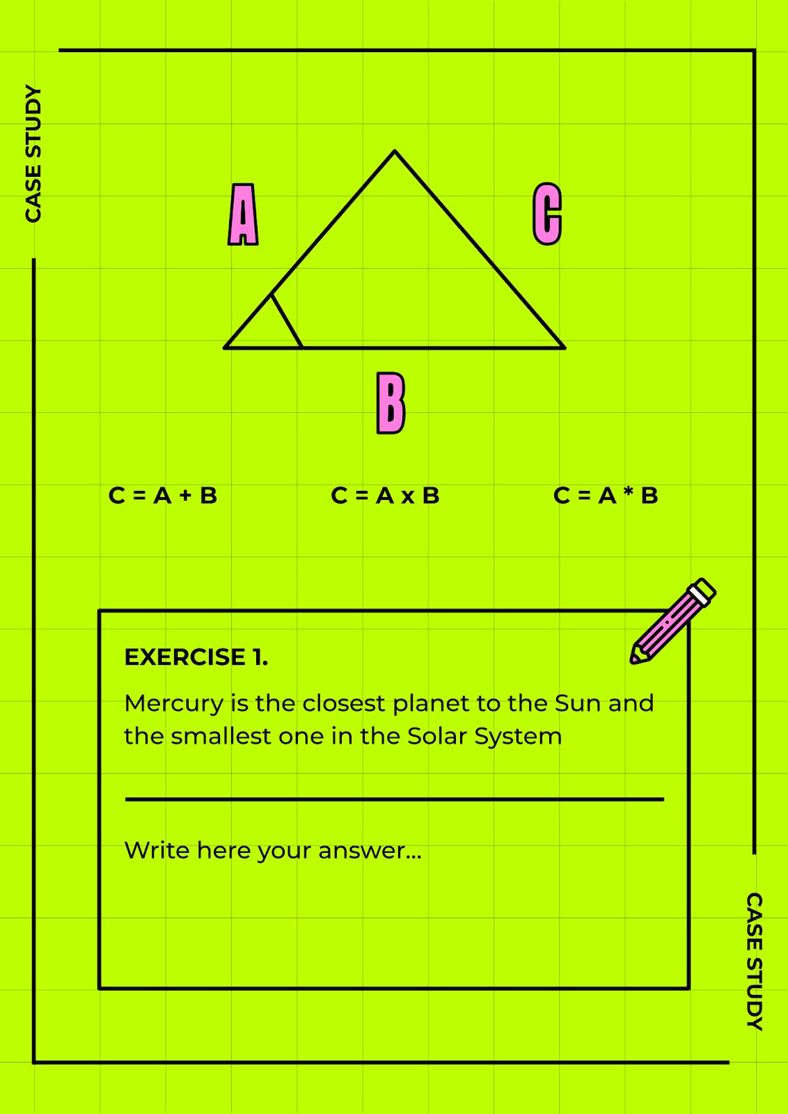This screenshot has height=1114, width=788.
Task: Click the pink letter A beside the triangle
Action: click(243, 214)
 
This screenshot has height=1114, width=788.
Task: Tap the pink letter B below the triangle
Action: click(391, 403)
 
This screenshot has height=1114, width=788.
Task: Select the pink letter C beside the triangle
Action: click(547, 214)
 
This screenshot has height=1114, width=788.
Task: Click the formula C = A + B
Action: click(163, 495)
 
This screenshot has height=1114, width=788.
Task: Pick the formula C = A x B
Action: click(386, 495)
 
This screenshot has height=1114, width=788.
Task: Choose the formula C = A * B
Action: click(606, 495)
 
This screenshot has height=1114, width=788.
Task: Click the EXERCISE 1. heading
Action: click(196, 657)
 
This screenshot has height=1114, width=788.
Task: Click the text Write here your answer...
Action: click(272, 851)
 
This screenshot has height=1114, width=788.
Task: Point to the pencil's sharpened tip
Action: click(633, 660)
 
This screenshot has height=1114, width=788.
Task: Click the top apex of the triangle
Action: click(395, 150)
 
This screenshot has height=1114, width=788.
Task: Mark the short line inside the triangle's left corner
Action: click(286, 321)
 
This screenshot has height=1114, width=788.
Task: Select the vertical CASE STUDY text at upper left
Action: click(33, 154)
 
